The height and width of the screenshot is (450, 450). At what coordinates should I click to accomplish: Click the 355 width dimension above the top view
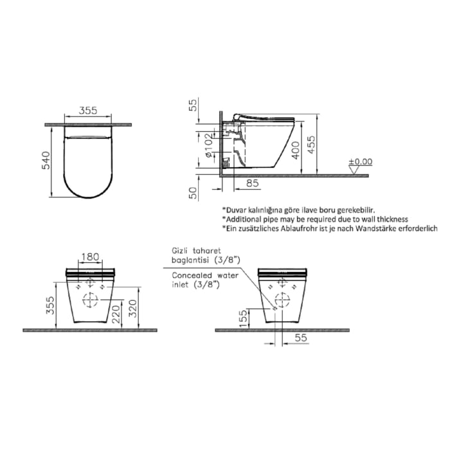[89, 110]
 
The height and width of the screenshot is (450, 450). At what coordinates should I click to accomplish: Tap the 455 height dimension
[311, 145]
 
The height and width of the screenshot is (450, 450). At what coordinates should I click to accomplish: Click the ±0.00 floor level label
[360, 161]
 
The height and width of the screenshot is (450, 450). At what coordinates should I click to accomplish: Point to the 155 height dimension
[242, 318]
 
